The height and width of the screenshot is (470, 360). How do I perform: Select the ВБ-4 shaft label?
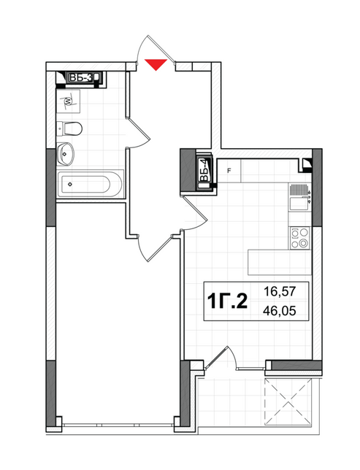click(x=205, y=172)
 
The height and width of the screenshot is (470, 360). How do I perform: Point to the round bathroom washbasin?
click(x=67, y=155)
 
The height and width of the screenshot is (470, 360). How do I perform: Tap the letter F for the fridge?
click(x=229, y=172)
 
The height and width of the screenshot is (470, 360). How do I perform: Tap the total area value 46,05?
click(x=286, y=312)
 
